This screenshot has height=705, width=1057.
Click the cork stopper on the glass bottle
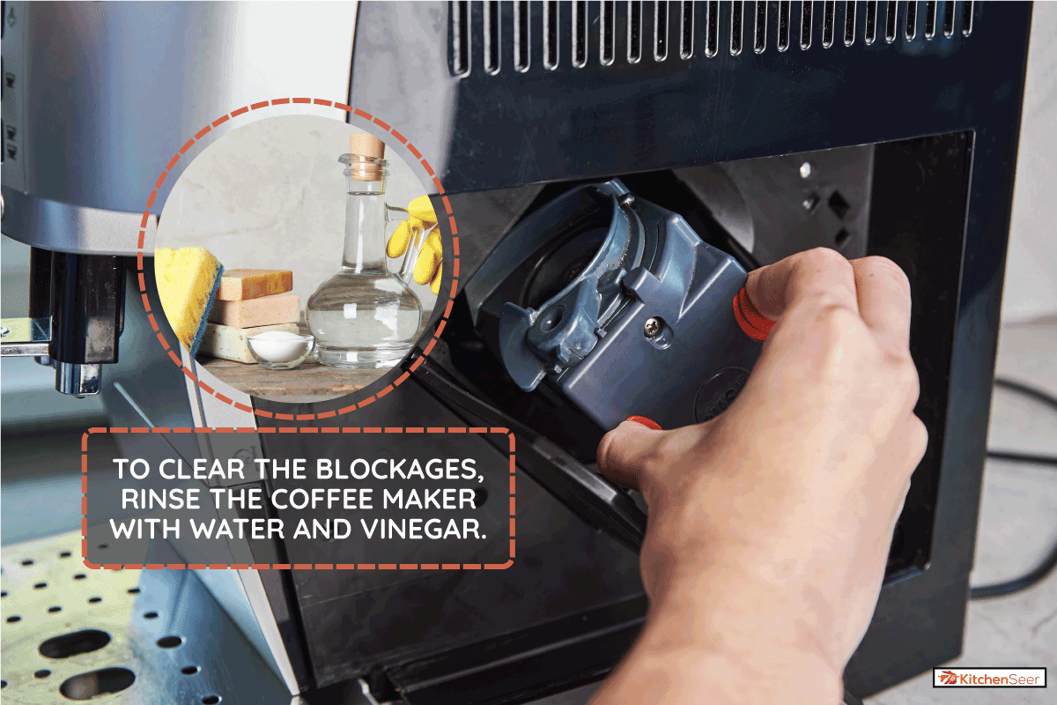[366, 156]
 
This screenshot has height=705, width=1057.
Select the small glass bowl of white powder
[281, 348]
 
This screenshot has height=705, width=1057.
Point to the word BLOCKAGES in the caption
[400, 470]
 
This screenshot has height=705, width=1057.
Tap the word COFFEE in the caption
[322, 499]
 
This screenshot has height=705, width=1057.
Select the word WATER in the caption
[238, 529]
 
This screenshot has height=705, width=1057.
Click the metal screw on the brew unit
[653, 323]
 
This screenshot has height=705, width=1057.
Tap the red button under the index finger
[750, 314]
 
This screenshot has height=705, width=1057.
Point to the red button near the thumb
[643, 423]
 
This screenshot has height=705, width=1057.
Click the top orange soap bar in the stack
[255, 284]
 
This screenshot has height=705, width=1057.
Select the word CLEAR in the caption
[202, 470]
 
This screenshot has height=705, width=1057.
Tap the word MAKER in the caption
[429, 499]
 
